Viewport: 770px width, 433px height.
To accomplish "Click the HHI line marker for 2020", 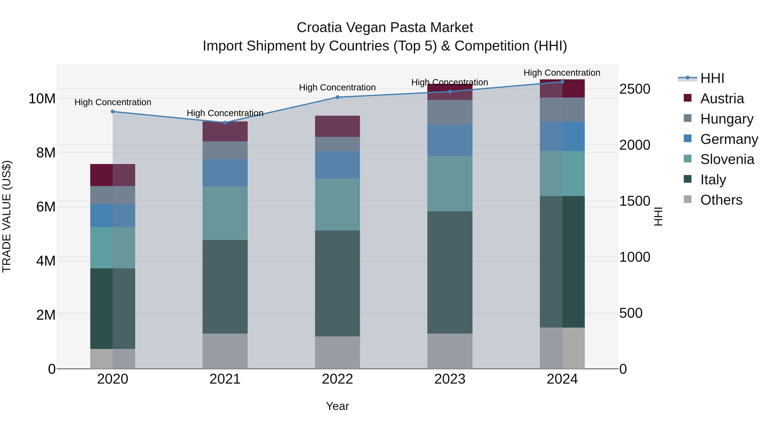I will [x=113, y=111].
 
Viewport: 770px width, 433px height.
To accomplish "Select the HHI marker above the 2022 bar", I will [x=338, y=97].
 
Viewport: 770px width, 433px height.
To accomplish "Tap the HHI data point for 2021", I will [x=225, y=123].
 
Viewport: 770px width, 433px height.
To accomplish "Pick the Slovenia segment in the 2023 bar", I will [x=450, y=183].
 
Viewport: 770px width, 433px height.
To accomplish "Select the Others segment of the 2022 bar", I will [x=338, y=352].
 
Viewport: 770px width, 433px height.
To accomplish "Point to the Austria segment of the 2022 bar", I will [x=338, y=126].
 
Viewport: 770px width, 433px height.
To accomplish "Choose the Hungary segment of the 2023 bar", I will [x=450, y=112].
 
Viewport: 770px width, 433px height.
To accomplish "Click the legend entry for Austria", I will [x=722, y=99].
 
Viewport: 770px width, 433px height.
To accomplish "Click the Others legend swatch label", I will [x=721, y=200].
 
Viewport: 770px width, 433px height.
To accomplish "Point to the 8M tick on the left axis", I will [x=46, y=153].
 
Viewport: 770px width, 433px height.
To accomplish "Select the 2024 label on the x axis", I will [x=562, y=379].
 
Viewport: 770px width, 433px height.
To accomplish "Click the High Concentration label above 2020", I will [x=113, y=102].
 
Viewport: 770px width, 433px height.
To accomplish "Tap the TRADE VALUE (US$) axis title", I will [x=7, y=216].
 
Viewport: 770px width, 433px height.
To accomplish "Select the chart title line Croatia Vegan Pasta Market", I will [x=385, y=28].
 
